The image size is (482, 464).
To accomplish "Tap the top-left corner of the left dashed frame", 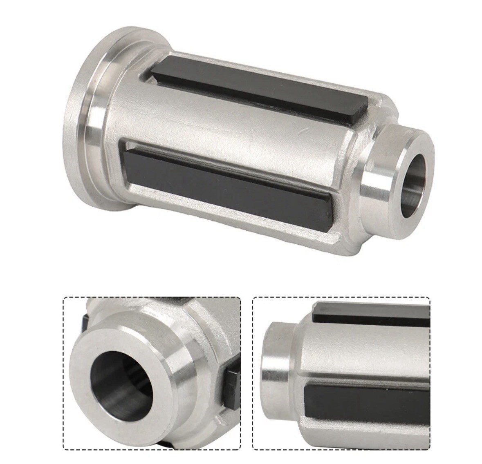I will pos(63,297).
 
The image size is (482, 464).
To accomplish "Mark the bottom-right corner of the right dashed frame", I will pos(430,449).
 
